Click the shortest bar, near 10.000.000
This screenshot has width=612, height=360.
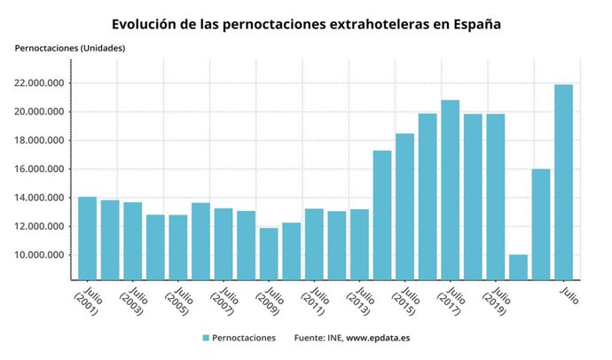[x=518, y=267]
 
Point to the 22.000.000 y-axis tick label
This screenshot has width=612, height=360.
[x=43, y=83]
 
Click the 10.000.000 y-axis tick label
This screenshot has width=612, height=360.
[x=43, y=255]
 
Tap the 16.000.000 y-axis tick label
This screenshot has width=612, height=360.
[x=43, y=169]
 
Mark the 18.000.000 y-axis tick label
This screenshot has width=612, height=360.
[x=43, y=141]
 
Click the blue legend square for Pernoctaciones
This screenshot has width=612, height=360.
[x=206, y=338]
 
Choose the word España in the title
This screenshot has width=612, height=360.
[x=475, y=24]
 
